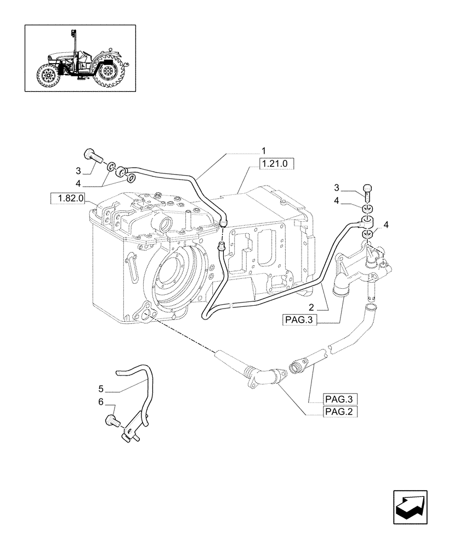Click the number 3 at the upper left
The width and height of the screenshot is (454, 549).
click(x=78, y=171)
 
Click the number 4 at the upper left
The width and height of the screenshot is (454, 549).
click(x=78, y=183)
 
